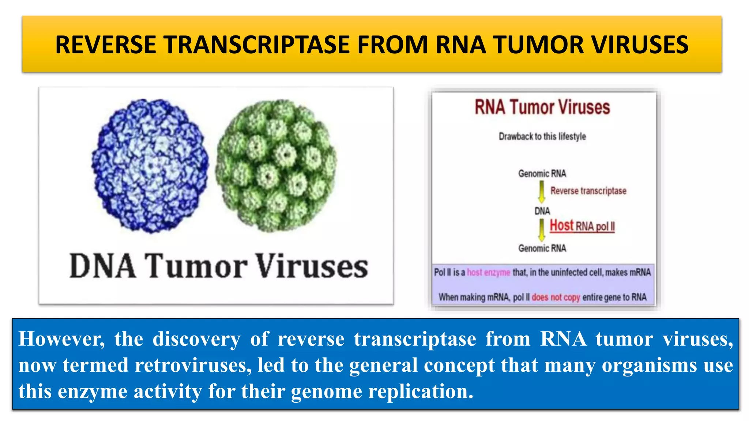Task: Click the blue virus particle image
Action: click(x=150, y=165)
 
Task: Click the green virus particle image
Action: click(x=276, y=165)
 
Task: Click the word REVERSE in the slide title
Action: click(x=106, y=45)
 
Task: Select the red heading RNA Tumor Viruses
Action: click(x=542, y=107)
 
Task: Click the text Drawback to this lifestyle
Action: click(x=542, y=137)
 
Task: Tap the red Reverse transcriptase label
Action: click(x=588, y=191)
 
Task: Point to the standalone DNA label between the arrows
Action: click(x=542, y=211)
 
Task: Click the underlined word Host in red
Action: click(x=562, y=225)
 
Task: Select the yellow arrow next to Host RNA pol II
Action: click(x=542, y=230)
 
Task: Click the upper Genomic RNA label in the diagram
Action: click(x=542, y=174)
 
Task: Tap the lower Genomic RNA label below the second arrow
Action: click(x=542, y=249)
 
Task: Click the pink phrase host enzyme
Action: click(x=488, y=272)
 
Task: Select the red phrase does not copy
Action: click(x=556, y=297)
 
